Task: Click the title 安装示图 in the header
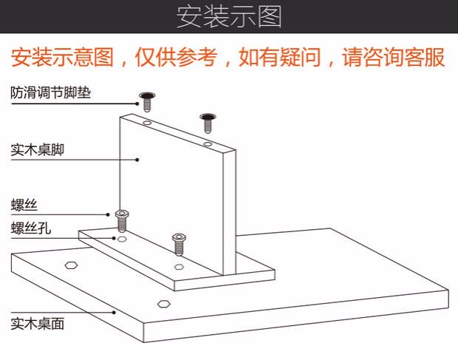click(x=229, y=16)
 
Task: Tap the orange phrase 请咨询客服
click(x=392, y=57)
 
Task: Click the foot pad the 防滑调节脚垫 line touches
click(x=146, y=100)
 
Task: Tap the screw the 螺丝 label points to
click(x=122, y=220)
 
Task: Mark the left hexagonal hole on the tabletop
click(x=71, y=265)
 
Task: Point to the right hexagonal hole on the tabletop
click(x=163, y=302)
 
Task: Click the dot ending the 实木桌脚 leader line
click(x=138, y=158)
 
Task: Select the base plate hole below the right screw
click(x=179, y=265)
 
